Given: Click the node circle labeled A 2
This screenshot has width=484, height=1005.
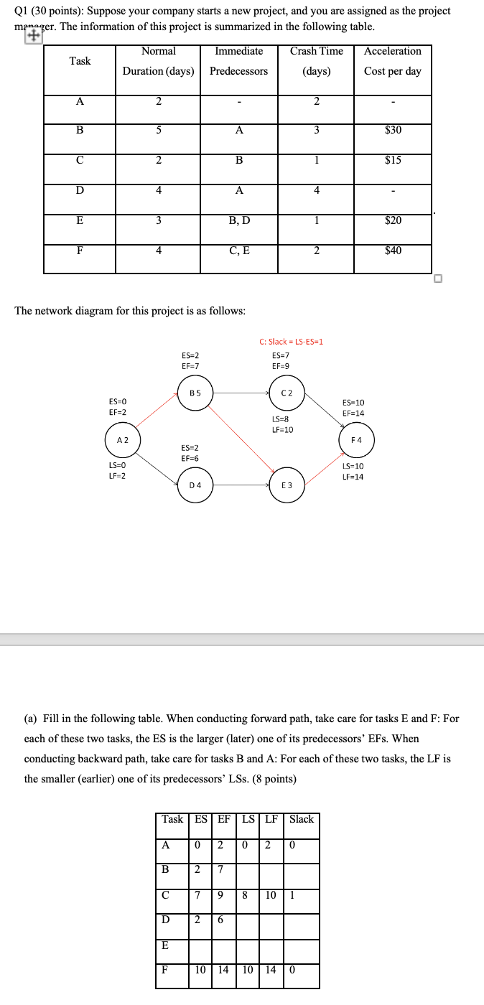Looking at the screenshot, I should coord(122,439).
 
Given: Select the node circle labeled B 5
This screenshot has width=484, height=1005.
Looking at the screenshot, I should coord(195,393).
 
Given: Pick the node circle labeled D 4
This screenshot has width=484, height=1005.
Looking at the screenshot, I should coord(195,485).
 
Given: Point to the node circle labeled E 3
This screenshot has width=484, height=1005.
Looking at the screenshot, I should coord(287,485).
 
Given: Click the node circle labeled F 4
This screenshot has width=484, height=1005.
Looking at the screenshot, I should coord(356,439).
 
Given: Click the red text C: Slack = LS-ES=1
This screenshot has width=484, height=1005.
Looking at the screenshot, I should coord(291,341).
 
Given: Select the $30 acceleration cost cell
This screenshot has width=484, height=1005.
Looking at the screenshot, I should coord(393,130).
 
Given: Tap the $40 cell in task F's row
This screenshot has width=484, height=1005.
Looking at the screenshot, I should coord(393,251).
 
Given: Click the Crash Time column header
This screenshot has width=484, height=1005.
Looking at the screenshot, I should coord(316,61).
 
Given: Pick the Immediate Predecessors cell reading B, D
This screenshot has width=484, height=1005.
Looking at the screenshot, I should coord(238,220).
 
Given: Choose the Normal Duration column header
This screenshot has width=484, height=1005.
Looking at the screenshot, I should coord(158,61).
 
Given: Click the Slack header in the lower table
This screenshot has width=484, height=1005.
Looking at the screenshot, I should coord(301,819).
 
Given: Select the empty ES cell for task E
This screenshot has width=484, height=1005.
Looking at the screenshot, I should coord(202,946).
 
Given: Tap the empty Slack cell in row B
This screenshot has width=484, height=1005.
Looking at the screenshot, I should coord(301,870).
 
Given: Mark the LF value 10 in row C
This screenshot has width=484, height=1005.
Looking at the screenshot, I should coord(271,895).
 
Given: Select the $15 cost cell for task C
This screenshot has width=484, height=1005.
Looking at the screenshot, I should coord(393,160).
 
